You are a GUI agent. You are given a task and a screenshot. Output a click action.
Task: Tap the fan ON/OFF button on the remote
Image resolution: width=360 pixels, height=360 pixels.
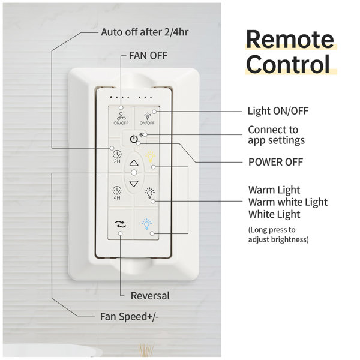(x=121, y=118)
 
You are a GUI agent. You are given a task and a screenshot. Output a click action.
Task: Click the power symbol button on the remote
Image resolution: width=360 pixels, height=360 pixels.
(x=134, y=139)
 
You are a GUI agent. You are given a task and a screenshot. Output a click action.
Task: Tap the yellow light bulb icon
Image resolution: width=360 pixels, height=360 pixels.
(x=151, y=157)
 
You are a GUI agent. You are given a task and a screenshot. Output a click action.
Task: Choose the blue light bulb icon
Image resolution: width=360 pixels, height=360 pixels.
(x=147, y=224)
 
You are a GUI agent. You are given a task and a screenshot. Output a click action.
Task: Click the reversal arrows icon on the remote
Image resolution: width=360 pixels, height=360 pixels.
(x=121, y=224)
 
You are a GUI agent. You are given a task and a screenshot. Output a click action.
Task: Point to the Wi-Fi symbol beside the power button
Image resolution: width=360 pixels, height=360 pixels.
(x=141, y=135)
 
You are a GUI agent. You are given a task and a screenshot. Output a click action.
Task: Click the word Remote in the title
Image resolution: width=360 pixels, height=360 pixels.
(x=290, y=39)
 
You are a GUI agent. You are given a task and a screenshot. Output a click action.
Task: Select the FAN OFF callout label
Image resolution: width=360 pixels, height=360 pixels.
(x=148, y=56)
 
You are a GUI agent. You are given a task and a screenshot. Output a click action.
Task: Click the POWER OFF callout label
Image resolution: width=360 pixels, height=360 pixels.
(x=276, y=162)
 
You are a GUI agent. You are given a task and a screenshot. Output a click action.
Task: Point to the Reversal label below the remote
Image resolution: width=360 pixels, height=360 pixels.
(x=150, y=296)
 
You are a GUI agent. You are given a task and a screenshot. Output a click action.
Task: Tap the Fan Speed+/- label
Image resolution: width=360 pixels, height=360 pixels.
(x=129, y=317)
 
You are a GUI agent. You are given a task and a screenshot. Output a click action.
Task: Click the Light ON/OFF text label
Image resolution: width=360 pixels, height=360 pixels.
(x=278, y=111)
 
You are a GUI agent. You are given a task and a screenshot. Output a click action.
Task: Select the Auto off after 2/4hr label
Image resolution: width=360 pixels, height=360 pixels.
(x=145, y=32)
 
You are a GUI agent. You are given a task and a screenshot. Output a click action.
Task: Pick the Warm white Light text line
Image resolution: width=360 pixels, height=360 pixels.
(x=288, y=202)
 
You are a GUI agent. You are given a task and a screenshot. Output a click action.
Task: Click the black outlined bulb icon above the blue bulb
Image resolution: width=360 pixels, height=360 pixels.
(x=149, y=193)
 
